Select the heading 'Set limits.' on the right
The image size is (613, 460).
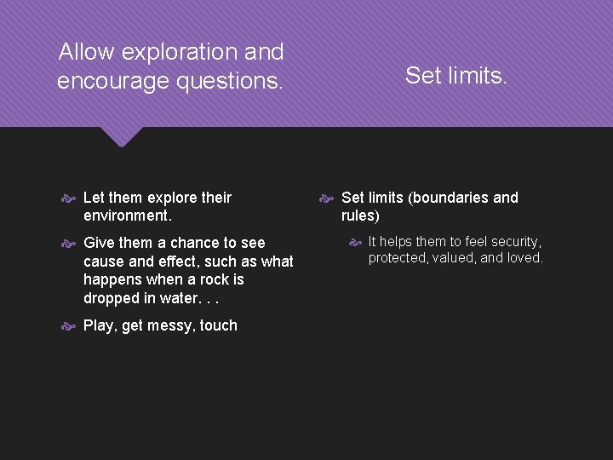coord(456,76)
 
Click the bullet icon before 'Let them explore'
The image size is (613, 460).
coord(70,198)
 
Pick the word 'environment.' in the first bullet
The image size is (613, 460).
coord(125,216)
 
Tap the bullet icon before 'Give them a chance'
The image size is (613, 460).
coord(70,244)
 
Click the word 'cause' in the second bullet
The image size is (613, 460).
coord(103,262)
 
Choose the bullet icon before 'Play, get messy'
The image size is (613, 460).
coord(70,325)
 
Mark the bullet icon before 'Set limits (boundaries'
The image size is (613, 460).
coord(327,198)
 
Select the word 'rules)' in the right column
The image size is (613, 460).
coord(360,216)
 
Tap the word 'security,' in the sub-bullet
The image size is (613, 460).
coord(513,242)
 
